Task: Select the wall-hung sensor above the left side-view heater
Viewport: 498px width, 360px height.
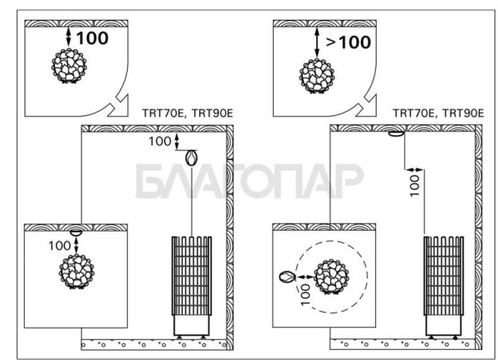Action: [192, 157]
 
